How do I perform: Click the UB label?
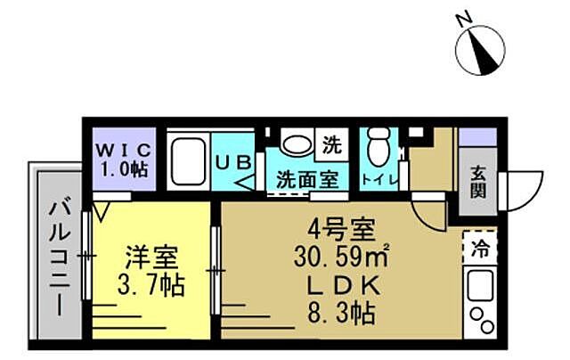tap(236, 161)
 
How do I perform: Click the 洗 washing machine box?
tap(330, 143)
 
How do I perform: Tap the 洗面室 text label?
tap(305, 177)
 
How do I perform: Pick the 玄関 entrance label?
tap(478, 183)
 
